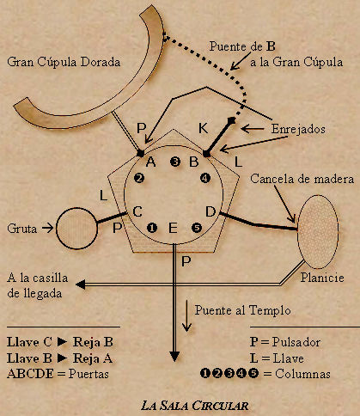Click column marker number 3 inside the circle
pyautogui.click(x=175, y=162)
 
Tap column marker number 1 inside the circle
pyautogui.click(x=152, y=228)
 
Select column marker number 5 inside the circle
pyautogui.click(x=197, y=228)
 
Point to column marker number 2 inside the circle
pyautogui.click(x=139, y=178)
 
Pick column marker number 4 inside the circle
pyautogui.click(x=205, y=178)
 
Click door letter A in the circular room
pyautogui.click(x=150, y=162)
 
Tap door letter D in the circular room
pyautogui.click(x=211, y=211)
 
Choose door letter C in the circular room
pyautogui.click(x=137, y=211)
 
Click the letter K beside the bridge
pyautogui.click(x=203, y=128)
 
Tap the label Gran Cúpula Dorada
pyautogui.click(x=64, y=62)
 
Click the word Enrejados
pyautogui.click(x=298, y=129)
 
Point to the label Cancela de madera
pyautogui.click(x=302, y=179)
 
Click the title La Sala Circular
pyautogui.click(x=195, y=406)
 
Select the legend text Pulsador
pyautogui.click(x=296, y=342)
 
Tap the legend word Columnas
pyautogui.click(x=302, y=374)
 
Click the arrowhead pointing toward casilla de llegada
pyautogui.click(x=80, y=284)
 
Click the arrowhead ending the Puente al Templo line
pyautogui.click(x=174, y=356)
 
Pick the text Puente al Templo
pyautogui.click(x=243, y=310)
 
